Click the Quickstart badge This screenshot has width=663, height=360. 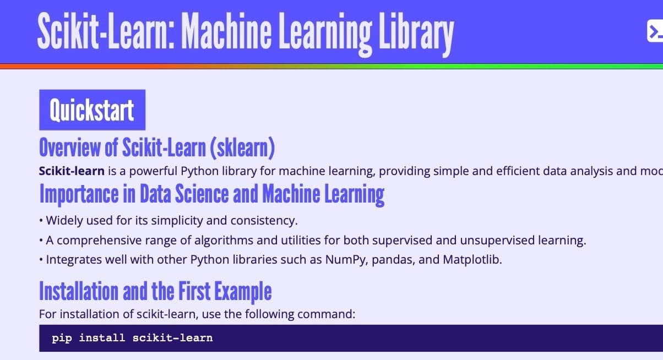pos(92,110)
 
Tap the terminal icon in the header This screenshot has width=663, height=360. pos(655,31)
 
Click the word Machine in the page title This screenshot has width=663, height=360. pos(226,31)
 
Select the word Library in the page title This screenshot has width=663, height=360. pos(416,34)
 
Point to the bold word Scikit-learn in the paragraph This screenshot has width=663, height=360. pos(72,171)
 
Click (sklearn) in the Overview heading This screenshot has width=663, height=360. pos(242,148)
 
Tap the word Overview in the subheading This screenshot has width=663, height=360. pos(70,148)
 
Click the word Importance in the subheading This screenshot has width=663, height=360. pos(79,194)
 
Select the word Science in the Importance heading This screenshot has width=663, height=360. pos(202,194)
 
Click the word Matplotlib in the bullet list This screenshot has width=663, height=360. pos(472,259)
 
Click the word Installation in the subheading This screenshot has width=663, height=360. pos(79,291)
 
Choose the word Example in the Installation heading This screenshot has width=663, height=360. pos(243,292)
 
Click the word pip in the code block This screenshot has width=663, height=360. pos(62,338)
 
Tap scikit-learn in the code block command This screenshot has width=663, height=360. pos(172,338)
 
